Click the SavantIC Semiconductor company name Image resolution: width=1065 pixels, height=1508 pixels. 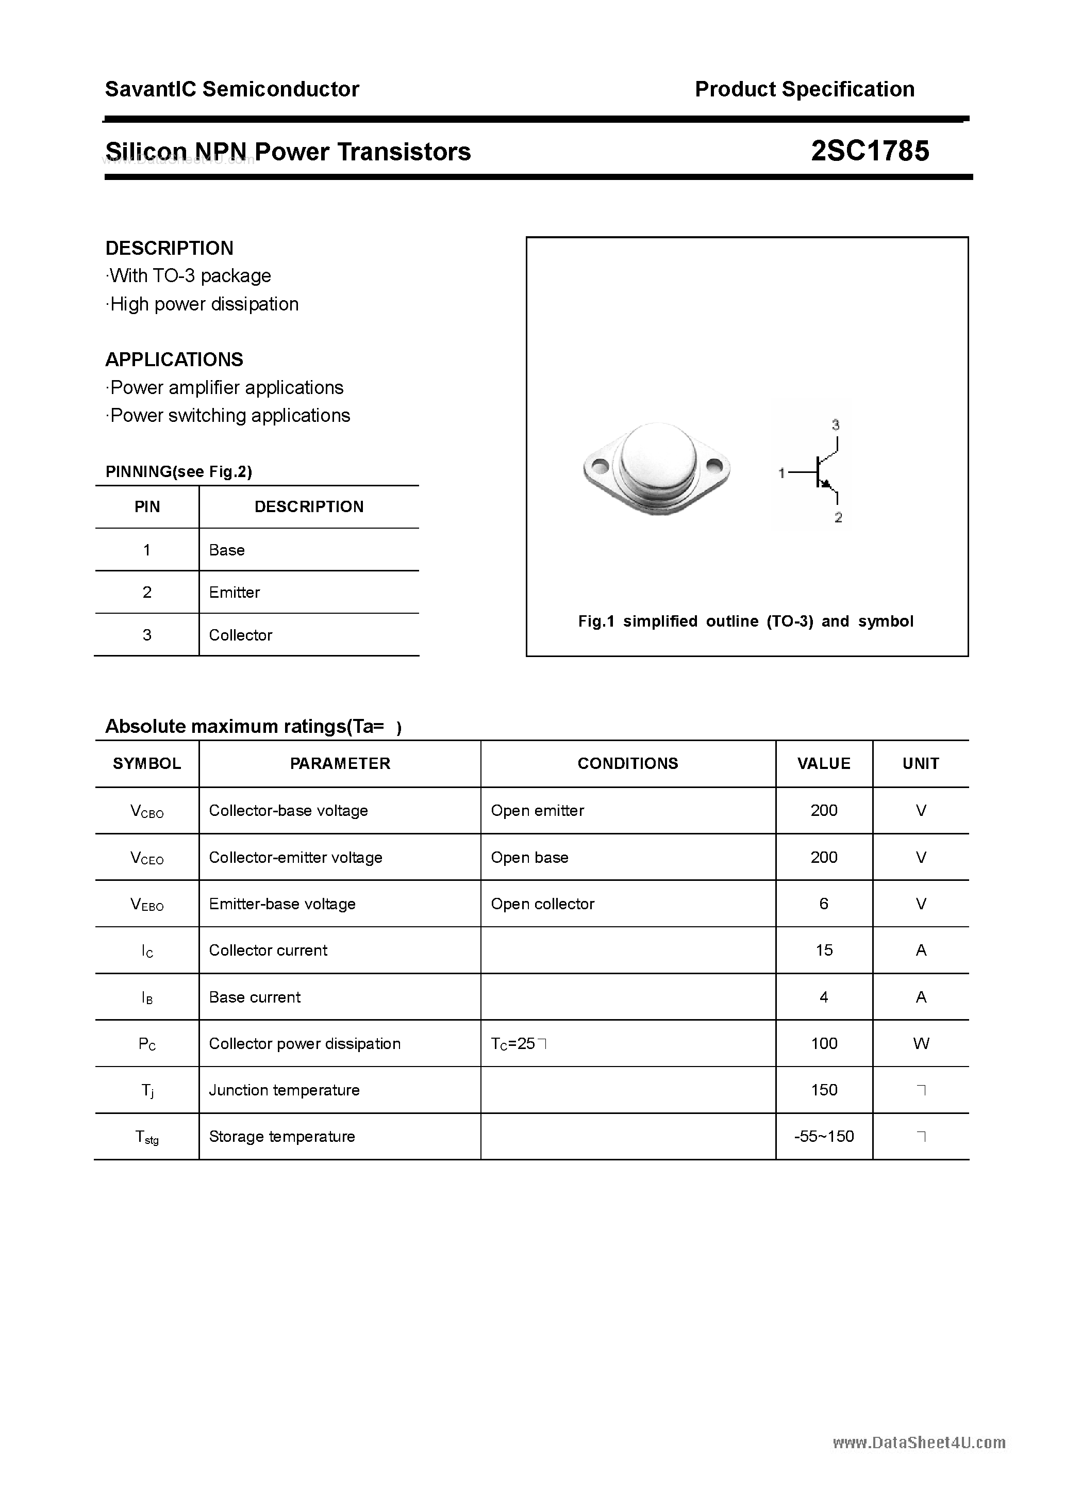pos(232,89)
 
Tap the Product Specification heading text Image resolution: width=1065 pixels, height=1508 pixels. pos(804,89)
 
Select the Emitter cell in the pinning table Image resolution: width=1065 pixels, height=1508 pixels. pos(235,593)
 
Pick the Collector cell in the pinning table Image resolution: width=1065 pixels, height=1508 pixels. pos(240,635)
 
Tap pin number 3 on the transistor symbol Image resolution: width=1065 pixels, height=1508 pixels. pos(835,425)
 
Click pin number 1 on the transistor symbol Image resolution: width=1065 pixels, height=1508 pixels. pos(781,473)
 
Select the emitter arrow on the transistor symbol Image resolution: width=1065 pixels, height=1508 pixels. pos(827,485)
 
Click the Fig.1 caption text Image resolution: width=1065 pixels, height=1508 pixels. pos(745,621)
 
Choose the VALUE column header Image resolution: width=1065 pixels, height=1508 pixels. pos(823,763)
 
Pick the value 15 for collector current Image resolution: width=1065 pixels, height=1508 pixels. pos(823,950)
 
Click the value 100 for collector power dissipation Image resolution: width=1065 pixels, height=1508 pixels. pos(823,1044)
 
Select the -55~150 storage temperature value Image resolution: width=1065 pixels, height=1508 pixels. pos(823,1137)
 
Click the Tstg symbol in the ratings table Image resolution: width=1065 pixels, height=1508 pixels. pos(146,1137)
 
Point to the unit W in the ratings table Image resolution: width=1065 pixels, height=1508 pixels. pos(921,1044)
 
